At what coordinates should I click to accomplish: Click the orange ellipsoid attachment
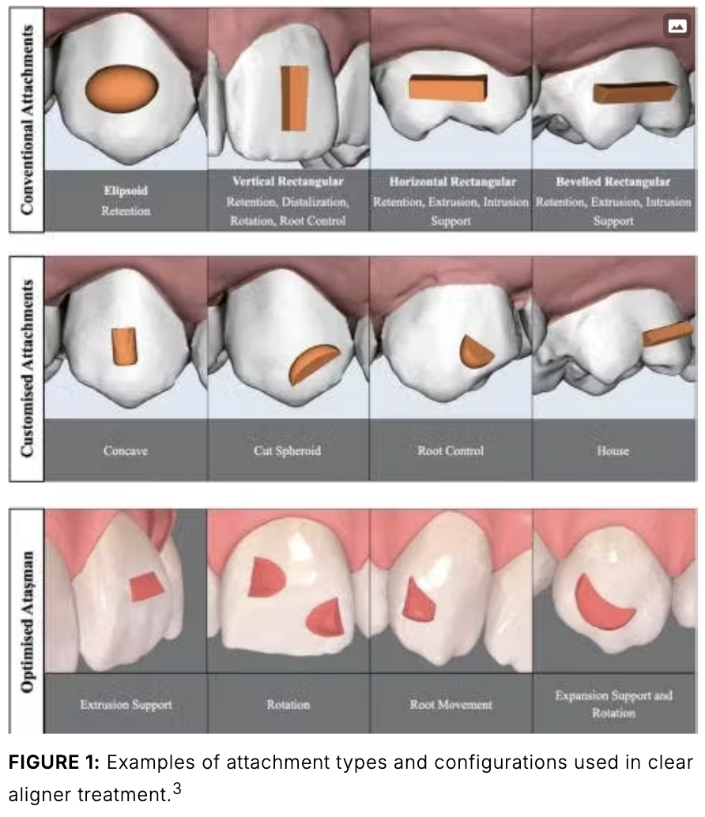(x=122, y=88)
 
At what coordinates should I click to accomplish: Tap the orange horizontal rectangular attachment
(x=447, y=88)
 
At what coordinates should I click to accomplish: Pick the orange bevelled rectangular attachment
(x=635, y=92)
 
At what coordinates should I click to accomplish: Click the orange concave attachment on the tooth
(x=124, y=345)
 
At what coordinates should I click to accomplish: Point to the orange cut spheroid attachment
(x=314, y=364)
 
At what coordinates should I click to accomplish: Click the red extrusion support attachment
(x=145, y=585)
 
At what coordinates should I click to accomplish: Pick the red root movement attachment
(x=418, y=601)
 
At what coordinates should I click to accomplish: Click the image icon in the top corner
(x=677, y=25)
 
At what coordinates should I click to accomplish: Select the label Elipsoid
(x=125, y=190)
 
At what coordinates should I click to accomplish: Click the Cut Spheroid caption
(x=288, y=451)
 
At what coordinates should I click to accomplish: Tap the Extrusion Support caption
(x=126, y=704)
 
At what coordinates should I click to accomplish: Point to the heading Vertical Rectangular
(x=288, y=182)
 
